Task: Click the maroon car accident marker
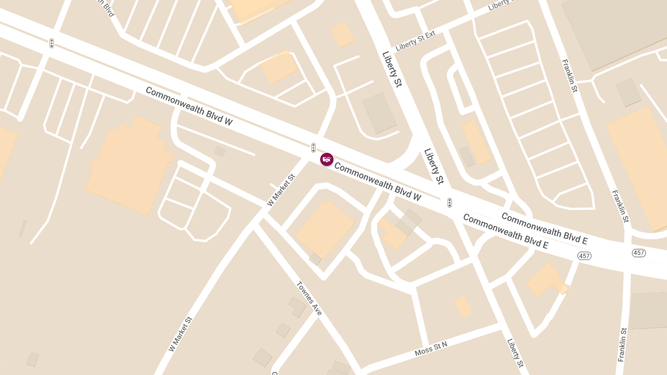tap(327, 159)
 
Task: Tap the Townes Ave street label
tap(309, 299)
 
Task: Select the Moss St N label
tap(431, 349)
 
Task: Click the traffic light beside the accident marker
tap(313, 148)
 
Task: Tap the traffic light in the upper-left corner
tap(52, 43)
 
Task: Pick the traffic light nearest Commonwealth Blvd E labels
tap(450, 203)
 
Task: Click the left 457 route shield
tap(584, 256)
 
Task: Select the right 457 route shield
tap(639, 253)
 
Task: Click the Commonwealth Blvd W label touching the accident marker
tap(378, 181)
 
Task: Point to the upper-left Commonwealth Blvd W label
tap(189, 106)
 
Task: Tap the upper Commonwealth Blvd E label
tap(544, 228)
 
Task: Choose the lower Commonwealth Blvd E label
tap(505, 231)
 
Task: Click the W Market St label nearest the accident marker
tap(281, 190)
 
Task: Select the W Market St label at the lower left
tap(181, 334)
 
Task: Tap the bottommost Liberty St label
tap(515, 353)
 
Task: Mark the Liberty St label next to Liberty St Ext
tap(391, 69)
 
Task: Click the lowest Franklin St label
tap(623, 345)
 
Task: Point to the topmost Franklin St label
tap(570, 76)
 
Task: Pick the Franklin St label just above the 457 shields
tap(620, 206)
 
